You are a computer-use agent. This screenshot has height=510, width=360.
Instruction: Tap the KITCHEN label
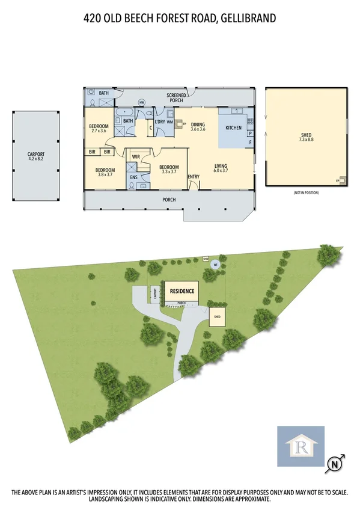[x=233, y=128]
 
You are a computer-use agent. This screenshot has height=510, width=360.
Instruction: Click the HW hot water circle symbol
[x=142, y=102]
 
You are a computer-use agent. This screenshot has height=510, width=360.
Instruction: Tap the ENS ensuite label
[x=132, y=177]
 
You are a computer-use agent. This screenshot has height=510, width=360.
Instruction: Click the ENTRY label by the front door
[x=194, y=176]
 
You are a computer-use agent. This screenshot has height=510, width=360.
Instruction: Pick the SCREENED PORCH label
[x=176, y=97]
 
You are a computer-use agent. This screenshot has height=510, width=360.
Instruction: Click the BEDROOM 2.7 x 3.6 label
[x=98, y=128]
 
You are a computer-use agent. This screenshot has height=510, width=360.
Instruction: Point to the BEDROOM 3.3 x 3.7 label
[x=169, y=170]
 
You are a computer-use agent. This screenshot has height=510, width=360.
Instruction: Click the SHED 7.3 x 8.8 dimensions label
[x=306, y=138]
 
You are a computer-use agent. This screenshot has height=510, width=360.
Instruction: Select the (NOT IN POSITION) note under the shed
[x=306, y=192]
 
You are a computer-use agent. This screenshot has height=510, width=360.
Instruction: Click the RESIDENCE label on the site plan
[x=182, y=292]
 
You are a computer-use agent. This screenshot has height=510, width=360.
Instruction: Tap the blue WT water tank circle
[x=215, y=265]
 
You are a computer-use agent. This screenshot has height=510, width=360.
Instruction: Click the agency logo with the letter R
[x=300, y=446]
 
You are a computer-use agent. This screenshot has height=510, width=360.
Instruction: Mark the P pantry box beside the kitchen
[x=249, y=133]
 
